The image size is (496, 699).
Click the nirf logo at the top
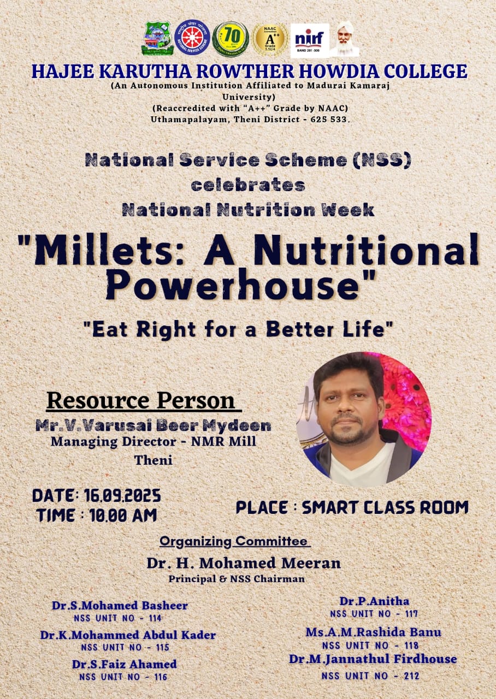click(x=310, y=40)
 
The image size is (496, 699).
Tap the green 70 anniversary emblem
click(x=231, y=39)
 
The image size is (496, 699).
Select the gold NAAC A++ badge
click(x=270, y=40)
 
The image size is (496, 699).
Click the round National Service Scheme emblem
click(x=192, y=38)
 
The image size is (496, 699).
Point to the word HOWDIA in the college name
click(x=339, y=72)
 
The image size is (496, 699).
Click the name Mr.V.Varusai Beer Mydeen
click(x=153, y=426)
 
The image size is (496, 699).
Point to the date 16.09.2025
click(x=122, y=495)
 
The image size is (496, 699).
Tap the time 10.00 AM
click(x=123, y=515)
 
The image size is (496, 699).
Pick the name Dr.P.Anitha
click(x=374, y=601)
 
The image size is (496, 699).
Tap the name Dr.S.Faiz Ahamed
click(x=124, y=664)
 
